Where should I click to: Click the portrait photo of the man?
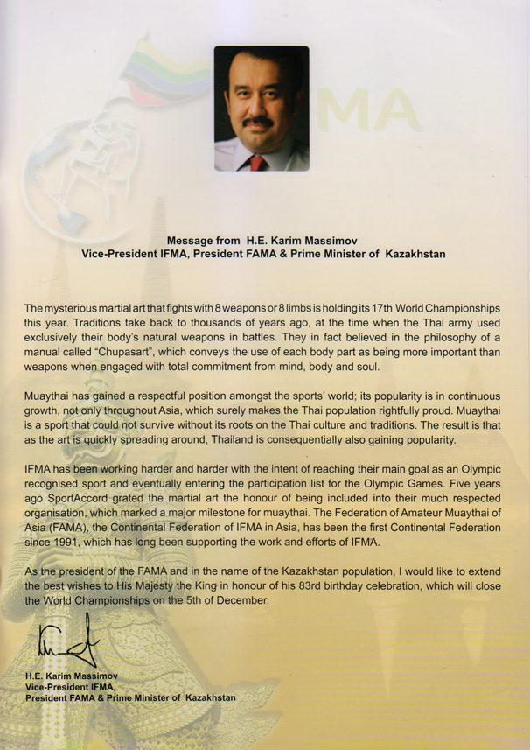pyautogui.click(x=262, y=108)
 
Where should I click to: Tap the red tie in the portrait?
pyautogui.click(x=258, y=162)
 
